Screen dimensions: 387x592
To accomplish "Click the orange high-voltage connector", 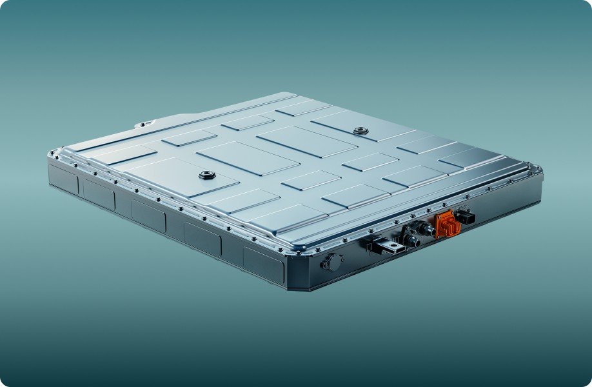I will click(x=447, y=224).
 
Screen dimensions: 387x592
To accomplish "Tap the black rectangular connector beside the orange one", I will click(x=465, y=217).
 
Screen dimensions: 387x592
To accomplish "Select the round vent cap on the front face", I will click(x=331, y=263).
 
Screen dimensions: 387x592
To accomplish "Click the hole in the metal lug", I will click(x=392, y=245).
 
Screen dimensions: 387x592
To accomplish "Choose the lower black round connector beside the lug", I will click(x=410, y=241).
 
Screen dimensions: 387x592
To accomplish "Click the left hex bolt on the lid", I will click(x=207, y=175).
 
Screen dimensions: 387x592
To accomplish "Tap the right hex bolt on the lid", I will click(x=360, y=131).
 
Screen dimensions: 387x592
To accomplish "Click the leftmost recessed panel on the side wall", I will click(x=63, y=179).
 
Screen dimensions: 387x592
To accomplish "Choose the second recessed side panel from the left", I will click(x=98, y=193).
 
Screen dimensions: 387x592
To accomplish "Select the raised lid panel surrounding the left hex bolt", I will click(x=193, y=178).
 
